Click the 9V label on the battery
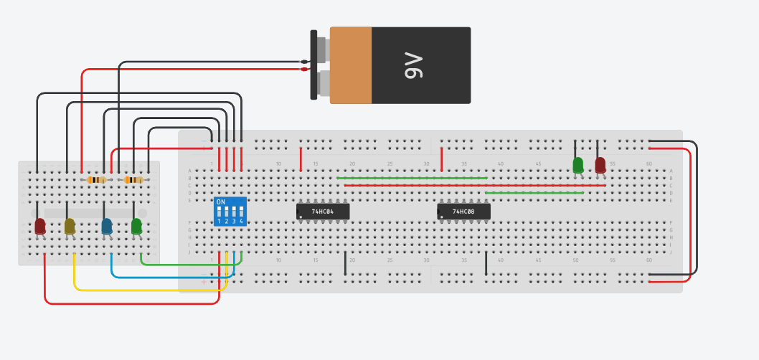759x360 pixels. (x=415, y=65)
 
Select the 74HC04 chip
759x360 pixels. (x=323, y=212)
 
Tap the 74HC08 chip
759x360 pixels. (x=464, y=212)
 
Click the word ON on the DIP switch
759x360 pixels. (x=221, y=202)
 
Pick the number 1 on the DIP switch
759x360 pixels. (x=219, y=221)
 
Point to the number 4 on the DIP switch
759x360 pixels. (x=241, y=221)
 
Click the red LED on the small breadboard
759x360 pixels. (x=40, y=227)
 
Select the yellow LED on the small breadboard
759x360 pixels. (x=70, y=227)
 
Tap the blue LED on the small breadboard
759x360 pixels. (x=107, y=227)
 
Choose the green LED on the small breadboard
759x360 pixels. (x=136, y=227)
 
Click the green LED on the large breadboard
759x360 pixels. (x=578, y=165)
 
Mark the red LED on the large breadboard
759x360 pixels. (x=600, y=165)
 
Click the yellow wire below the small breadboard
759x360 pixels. (x=143, y=290)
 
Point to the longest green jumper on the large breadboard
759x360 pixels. (x=412, y=178)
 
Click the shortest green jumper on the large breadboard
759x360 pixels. (x=534, y=193)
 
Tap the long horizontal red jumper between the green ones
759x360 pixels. (x=473, y=185)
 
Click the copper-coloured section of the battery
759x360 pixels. (x=351, y=65)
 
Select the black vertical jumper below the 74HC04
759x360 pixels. (x=345, y=263)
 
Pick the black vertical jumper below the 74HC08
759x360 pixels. (x=486, y=263)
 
